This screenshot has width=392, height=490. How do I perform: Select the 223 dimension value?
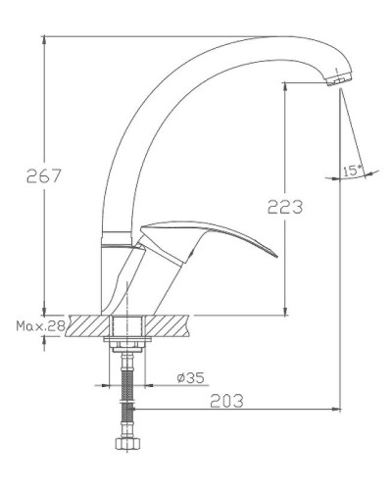[283, 207]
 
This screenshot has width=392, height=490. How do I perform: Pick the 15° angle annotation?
[353, 171]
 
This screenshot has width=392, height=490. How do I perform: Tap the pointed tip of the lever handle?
[274, 257]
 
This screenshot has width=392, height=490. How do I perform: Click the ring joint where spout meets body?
[116, 238]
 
